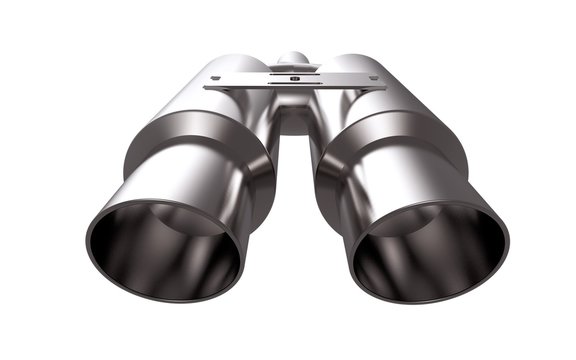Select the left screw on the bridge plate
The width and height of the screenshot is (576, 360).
[215, 78]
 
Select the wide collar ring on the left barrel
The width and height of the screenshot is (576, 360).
[200, 150]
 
